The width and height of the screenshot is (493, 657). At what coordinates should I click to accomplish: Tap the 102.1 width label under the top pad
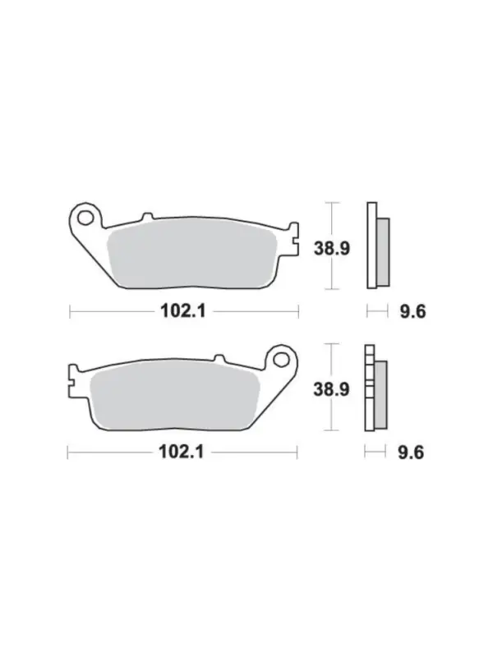point(183,311)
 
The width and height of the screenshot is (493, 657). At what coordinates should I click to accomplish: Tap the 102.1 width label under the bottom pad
point(181,453)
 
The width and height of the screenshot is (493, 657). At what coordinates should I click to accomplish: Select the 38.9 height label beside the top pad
point(332,249)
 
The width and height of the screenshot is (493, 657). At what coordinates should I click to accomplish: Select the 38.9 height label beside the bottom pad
point(331,389)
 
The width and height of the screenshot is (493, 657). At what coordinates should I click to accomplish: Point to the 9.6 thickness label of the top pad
point(412,312)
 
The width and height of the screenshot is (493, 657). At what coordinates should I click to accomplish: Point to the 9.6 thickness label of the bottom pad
point(411,453)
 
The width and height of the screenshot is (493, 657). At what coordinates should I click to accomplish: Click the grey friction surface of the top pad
point(191,256)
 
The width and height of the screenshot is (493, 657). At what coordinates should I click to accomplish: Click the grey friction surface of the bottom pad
point(174,397)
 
